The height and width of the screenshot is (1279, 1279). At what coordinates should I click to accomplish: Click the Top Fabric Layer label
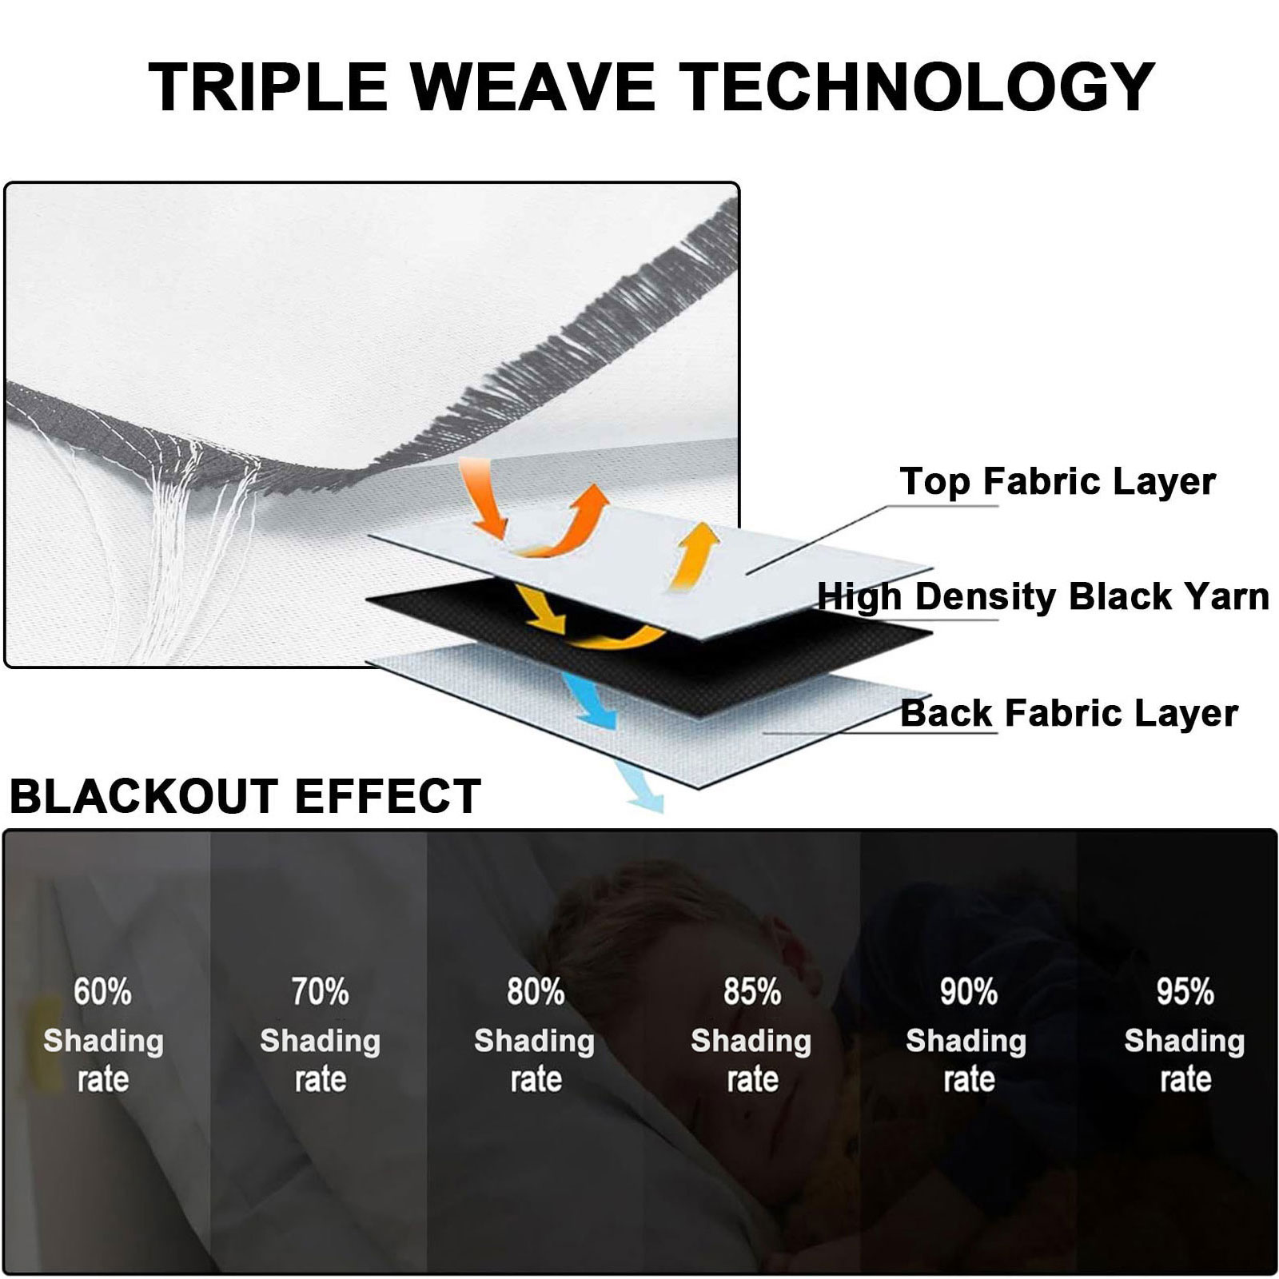coord(1058,481)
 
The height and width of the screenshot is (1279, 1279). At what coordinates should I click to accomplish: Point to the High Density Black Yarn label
coord(1043,596)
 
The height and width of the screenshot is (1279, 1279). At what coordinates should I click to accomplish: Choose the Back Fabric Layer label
coord(1069,712)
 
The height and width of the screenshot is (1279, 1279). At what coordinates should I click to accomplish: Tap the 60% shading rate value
coord(102,992)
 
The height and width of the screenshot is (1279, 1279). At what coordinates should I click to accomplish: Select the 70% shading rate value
coord(320,992)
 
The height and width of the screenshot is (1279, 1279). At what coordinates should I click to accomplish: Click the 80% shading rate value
coord(536,992)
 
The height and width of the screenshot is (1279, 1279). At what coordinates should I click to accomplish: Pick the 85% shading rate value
coord(752,992)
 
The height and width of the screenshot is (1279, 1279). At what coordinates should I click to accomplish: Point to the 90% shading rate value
coord(969,992)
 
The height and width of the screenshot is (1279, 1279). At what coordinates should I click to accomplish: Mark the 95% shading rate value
coord(1185,992)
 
